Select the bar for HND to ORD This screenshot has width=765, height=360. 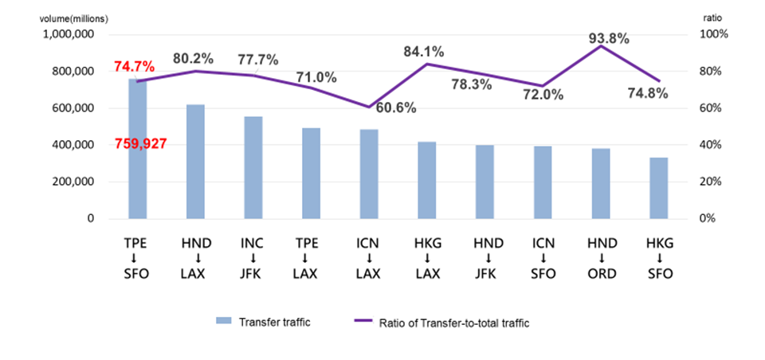tap(601, 183)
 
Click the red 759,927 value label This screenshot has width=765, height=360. tap(143, 145)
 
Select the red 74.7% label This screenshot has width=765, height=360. tap(134, 67)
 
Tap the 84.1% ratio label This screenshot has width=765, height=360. tap(423, 53)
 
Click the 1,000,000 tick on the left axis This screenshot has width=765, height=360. tap(69, 35)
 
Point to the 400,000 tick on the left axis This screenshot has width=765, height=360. tap(77, 145)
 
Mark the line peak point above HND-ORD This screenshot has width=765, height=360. tap(601, 46)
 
